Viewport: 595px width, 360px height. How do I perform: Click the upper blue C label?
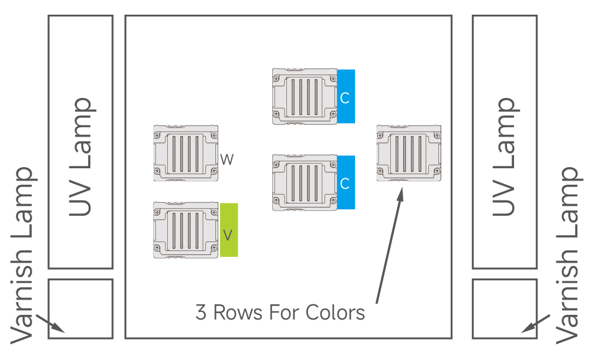click(x=346, y=97)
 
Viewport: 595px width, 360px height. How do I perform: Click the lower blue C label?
click(x=346, y=182)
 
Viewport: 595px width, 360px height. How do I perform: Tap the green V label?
click(x=229, y=230)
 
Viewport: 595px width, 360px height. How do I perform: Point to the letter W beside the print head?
click(x=227, y=159)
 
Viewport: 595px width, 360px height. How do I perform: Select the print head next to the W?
click(x=185, y=152)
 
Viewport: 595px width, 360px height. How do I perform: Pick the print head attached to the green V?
click(x=185, y=230)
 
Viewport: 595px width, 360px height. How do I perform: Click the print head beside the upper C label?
click(x=305, y=96)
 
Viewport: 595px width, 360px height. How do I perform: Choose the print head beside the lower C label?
click(x=305, y=182)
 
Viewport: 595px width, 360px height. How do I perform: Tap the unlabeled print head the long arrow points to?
click(x=408, y=152)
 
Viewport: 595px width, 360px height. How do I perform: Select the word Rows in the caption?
click(x=238, y=313)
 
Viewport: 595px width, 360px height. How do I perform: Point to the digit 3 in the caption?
click(x=201, y=313)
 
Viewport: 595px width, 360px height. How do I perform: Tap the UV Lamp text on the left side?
click(x=81, y=157)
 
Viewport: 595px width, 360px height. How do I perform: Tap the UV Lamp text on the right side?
click(x=505, y=157)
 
